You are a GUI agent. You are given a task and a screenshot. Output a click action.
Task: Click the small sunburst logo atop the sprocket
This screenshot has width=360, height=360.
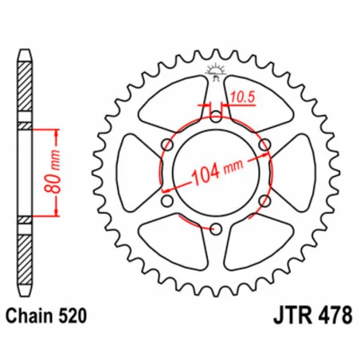coord(215,71)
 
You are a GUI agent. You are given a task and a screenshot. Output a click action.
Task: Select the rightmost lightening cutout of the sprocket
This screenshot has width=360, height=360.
coord(296,174)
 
